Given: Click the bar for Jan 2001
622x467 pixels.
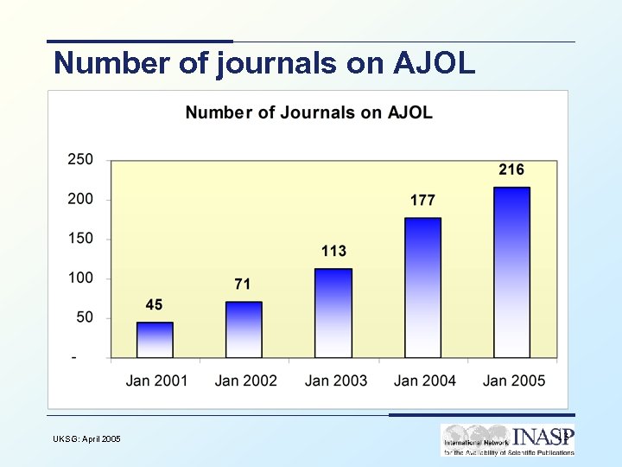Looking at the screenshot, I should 155,340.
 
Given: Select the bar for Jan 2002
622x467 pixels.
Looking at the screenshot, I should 244,329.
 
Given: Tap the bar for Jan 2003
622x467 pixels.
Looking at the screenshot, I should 333,313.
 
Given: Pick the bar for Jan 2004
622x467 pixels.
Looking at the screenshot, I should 422,288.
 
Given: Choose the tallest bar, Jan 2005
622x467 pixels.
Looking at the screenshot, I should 511,272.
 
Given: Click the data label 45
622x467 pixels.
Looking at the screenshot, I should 154,304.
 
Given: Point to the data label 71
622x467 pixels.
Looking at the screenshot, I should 244,284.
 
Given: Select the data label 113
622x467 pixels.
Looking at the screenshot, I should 333,251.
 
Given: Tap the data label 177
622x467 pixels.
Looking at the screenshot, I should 422,200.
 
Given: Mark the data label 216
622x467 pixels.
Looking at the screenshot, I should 511,170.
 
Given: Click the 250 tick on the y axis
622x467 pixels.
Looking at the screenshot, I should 80,160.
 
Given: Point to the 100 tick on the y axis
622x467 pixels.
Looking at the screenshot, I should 80,278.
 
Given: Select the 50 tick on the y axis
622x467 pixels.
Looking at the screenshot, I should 84,318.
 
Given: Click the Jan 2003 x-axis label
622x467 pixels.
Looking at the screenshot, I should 335,381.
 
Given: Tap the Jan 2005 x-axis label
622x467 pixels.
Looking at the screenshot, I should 514,381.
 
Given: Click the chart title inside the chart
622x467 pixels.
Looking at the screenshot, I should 308,112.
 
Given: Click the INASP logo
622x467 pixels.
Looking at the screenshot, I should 507,439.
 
